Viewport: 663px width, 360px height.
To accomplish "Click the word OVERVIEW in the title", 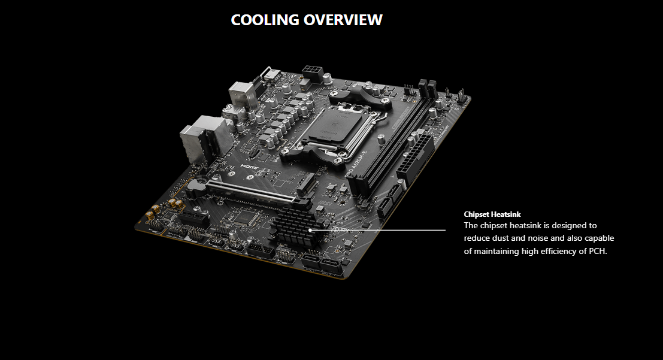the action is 343,20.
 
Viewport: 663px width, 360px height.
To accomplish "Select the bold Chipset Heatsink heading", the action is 492,214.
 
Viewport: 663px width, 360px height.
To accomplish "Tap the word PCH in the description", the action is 597,251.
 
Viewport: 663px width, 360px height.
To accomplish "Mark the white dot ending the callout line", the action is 310,231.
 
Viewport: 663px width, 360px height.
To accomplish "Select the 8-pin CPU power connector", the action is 313,74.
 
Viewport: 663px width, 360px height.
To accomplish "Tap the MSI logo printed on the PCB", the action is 324,204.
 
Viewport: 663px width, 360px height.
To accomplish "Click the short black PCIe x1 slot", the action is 195,218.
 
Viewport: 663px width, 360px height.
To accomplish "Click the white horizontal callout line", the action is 378,231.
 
